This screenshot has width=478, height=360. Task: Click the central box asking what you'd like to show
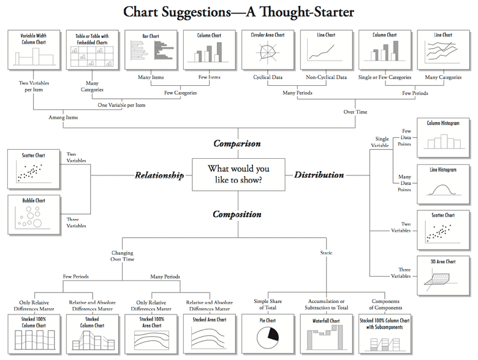click(238, 174)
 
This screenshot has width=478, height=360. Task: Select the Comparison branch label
click(237, 144)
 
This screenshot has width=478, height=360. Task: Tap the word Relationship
click(159, 175)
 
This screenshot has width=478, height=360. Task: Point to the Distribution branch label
click(319, 175)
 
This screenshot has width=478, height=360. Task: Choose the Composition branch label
click(237, 214)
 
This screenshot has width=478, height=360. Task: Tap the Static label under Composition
click(327, 253)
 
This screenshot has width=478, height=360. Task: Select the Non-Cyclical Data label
click(326, 77)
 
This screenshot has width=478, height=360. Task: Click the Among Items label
click(63, 117)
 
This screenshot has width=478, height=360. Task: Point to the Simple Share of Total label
click(268, 304)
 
